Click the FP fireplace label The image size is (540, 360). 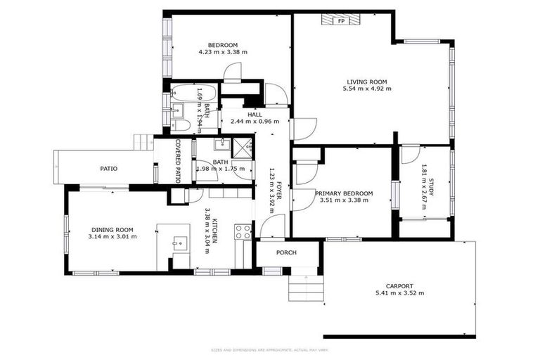pyautogui.click(x=342, y=21)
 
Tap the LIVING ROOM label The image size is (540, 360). pyautogui.click(x=366, y=82)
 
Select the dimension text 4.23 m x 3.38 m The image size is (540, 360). pyautogui.click(x=223, y=52)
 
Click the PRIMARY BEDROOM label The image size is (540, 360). pyautogui.click(x=344, y=193)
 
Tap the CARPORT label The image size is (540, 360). pyautogui.click(x=400, y=285)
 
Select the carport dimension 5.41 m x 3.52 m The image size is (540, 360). pyautogui.click(x=400, y=293)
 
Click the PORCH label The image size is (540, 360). pyautogui.click(x=286, y=252)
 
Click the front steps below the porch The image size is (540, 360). pyautogui.click(x=307, y=286)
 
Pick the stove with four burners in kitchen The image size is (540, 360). pyautogui.click(x=243, y=231)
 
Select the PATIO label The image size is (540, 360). pyautogui.click(x=108, y=169)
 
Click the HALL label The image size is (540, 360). pyautogui.click(x=255, y=114)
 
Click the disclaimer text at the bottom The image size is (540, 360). pyautogui.click(x=269, y=349)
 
